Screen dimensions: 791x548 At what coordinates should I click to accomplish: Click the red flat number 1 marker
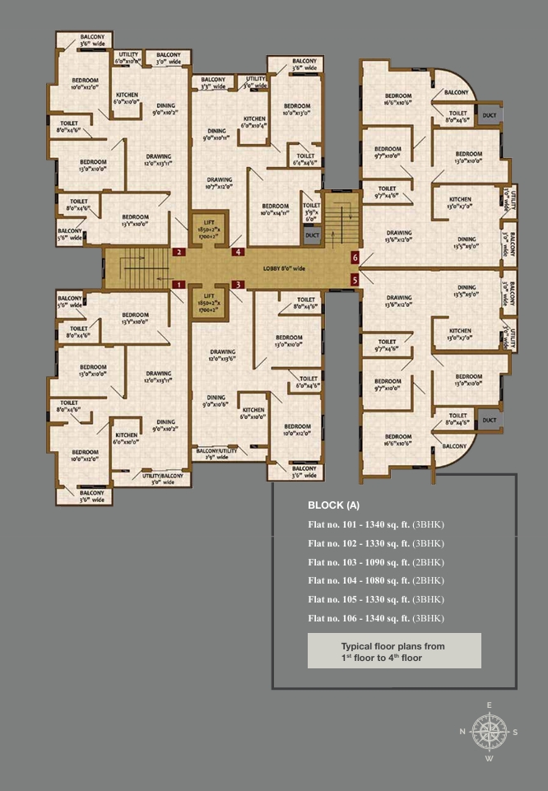click(178, 285)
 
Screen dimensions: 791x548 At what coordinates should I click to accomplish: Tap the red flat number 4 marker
click(238, 252)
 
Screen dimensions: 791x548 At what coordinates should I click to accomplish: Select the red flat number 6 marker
click(355, 258)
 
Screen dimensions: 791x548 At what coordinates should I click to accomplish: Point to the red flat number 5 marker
click(355, 280)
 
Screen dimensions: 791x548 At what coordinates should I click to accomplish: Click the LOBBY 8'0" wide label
click(284, 268)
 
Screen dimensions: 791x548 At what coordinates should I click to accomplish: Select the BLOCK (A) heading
click(334, 505)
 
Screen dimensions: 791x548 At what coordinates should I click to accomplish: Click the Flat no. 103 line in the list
click(376, 562)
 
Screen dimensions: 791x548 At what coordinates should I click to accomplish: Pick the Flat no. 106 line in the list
click(376, 618)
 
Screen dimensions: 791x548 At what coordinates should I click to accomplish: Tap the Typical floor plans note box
click(394, 651)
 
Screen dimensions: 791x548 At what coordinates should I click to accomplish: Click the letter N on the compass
click(462, 732)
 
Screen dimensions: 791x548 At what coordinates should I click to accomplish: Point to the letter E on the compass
click(489, 705)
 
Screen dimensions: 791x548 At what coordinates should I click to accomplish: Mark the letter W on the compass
click(489, 759)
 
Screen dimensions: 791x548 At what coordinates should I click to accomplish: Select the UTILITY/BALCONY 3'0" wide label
click(161, 479)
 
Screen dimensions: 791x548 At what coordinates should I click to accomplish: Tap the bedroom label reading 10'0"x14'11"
click(275, 209)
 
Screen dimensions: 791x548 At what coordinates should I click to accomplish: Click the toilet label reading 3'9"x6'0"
click(312, 212)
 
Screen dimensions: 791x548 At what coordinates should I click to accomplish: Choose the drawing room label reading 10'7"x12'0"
click(219, 183)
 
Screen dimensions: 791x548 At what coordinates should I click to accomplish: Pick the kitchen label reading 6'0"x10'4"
click(253, 122)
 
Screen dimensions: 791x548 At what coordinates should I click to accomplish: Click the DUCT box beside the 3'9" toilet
click(312, 235)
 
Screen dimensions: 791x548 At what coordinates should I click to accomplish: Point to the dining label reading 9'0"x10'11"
click(216, 134)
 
